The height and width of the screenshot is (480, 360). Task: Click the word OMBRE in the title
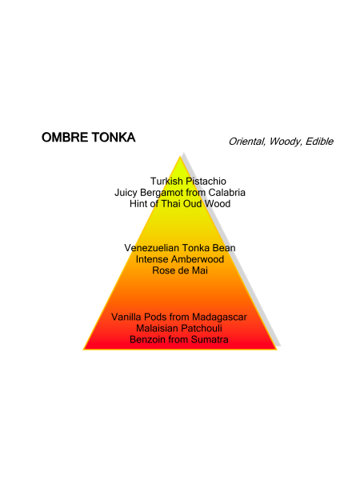pyautogui.click(x=65, y=138)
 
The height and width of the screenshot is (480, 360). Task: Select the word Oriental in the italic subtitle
pyautogui.click(x=247, y=142)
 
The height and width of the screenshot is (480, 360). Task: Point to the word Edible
pyautogui.click(x=319, y=142)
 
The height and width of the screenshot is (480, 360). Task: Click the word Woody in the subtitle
pyautogui.click(x=286, y=142)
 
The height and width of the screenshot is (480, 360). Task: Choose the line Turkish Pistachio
pyautogui.click(x=188, y=182)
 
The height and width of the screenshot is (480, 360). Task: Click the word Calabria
pyautogui.click(x=227, y=193)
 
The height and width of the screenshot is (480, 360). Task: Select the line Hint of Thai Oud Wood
pyautogui.click(x=180, y=204)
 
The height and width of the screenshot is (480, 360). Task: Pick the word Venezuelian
pyautogui.click(x=151, y=248)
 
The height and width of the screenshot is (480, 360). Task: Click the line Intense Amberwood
pyautogui.click(x=180, y=259)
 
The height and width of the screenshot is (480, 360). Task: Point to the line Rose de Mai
pyautogui.click(x=180, y=270)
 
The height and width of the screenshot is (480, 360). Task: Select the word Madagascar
pyautogui.click(x=219, y=317)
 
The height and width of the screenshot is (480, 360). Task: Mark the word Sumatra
pyautogui.click(x=210, y=340)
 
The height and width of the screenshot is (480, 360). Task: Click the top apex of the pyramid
pyautogui.click(x=180, y=157)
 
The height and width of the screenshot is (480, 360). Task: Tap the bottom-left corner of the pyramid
pyautogui.click(x=83, y=350)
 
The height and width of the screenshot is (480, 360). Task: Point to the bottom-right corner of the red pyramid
pyautogui.click(x=277, y=350)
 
